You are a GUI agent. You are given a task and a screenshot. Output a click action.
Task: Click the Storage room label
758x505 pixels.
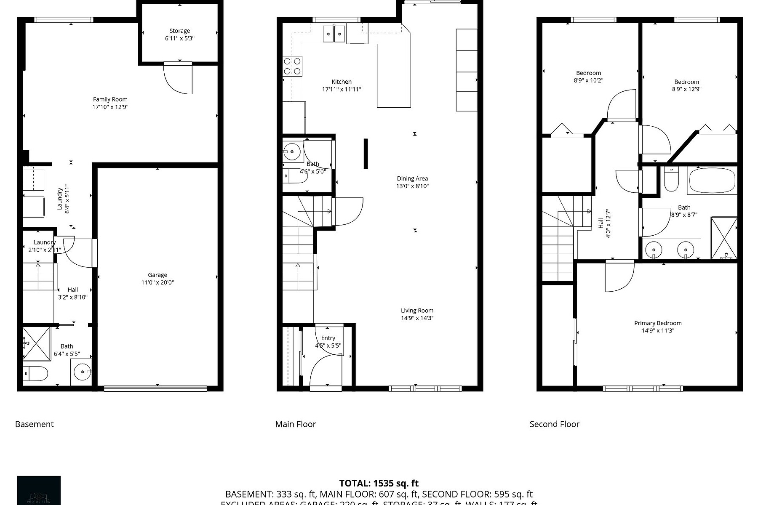pos(179,31)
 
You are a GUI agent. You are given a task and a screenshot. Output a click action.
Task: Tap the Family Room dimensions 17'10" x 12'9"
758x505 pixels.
pos(110,107)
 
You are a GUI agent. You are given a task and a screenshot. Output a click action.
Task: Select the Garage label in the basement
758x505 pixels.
pos(157,275)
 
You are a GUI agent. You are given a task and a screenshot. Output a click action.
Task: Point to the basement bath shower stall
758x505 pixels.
pos(36,343)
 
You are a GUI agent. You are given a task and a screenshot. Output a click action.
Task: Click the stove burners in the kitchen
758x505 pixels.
pos(292,66)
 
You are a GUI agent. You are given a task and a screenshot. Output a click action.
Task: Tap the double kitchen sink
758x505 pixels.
pos(334,34)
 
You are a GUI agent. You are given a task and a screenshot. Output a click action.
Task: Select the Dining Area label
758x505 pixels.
pos(412,178)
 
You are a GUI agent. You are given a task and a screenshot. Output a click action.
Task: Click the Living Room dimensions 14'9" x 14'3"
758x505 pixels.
pos(417,318)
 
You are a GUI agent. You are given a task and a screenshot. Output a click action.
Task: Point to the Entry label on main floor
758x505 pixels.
pos(328,338)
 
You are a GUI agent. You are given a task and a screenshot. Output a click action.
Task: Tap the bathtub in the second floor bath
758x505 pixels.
pos(712,180)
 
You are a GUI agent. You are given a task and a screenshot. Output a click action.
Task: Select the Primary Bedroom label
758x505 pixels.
pos(658,323)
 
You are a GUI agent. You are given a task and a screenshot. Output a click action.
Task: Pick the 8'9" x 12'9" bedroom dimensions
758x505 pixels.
pos(686,89)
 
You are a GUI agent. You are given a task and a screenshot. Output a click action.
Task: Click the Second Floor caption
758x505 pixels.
pos(554,424)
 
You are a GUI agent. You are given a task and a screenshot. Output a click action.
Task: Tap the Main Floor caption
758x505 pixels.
pos(295,424)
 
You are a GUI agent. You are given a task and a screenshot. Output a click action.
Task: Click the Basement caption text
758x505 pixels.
pos(34,424)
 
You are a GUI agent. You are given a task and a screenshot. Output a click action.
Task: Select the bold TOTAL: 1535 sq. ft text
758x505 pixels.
pos(379,484)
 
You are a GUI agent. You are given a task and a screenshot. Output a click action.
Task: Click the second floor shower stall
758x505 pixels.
pos(724,238)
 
